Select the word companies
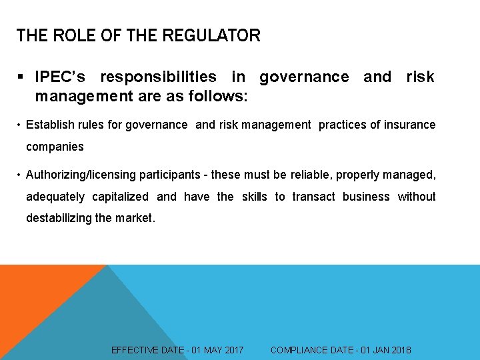[55, 146]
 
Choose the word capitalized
[120, 197]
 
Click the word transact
[313, 197]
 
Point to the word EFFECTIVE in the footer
[135, 350]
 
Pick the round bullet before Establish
[19, 125]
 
